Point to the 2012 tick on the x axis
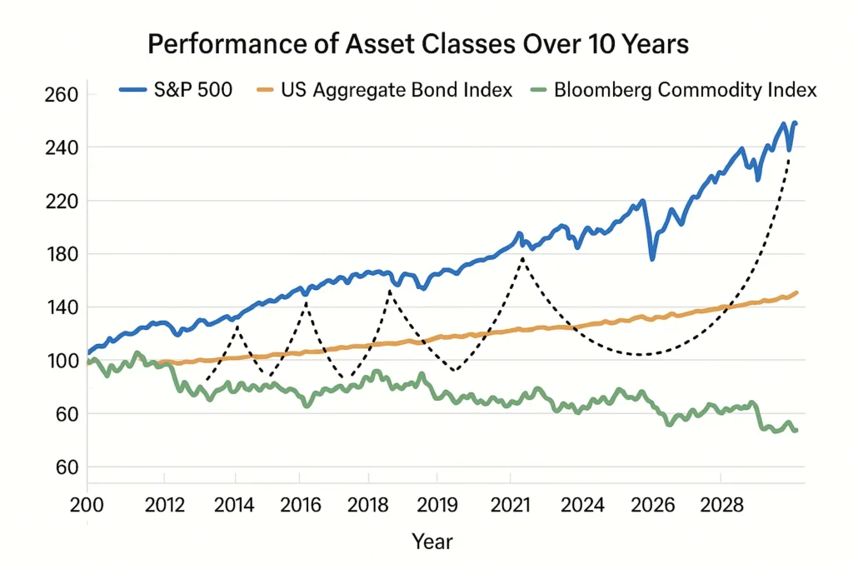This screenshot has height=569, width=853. pos(164,504)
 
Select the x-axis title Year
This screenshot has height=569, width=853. pos(432,542)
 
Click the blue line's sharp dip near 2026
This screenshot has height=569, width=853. pos(652,259)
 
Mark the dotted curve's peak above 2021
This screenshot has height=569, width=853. pos(522,259)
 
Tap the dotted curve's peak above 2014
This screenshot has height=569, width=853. pos(237,327)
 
